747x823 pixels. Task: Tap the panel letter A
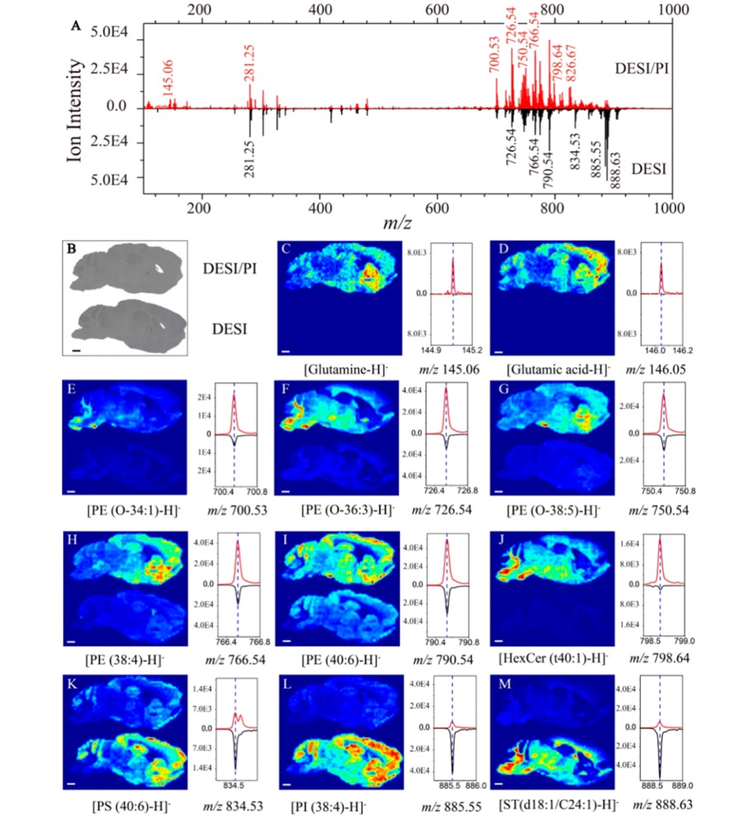(77, 26)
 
